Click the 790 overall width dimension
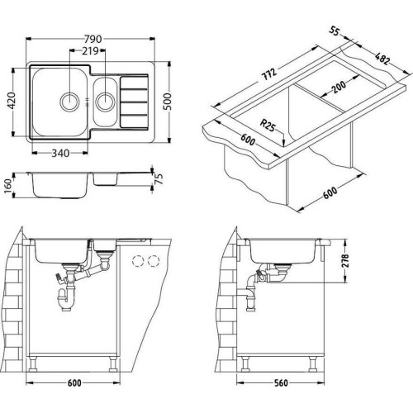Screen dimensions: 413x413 tap(93, 39)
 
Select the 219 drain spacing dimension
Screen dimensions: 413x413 tap(90, 51)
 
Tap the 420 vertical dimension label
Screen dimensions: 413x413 tap(12, 100)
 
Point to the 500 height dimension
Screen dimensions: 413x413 tap(167, 102)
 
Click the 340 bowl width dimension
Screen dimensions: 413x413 tap(60, 153)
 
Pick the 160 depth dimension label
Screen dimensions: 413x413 tap(8, 185)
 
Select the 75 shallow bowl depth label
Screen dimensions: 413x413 tap(159, 179)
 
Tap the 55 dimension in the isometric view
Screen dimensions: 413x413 tap(334, 31)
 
